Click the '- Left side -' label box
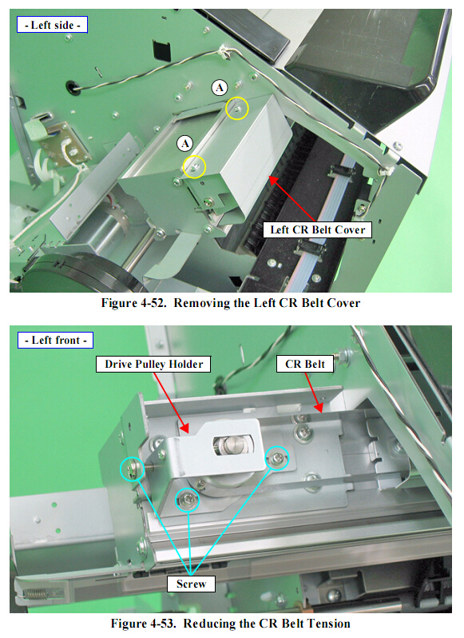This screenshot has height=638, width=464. click(52, 25)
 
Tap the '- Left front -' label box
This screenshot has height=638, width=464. click(55, 340)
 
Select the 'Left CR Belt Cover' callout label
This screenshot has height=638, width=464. click(317, 230)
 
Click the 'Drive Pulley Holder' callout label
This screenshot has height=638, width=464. click(153, 364)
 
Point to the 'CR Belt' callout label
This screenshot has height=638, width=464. click(305, 364)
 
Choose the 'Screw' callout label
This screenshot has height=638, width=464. click(191, 584)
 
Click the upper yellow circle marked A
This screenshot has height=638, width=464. click(237, 109)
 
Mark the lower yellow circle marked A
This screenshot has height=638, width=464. click(194, 167)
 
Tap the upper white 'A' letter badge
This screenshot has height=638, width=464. click(220, 87)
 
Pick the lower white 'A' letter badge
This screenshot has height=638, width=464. click(184, 143)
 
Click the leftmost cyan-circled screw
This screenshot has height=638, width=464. click(133, 469)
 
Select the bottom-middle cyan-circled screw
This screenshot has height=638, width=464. click(188, 500)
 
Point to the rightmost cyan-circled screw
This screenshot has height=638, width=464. click(277, 458)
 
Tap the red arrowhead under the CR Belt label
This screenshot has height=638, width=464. click(318, 407)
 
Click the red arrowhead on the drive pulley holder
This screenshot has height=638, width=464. click(184, 428)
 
